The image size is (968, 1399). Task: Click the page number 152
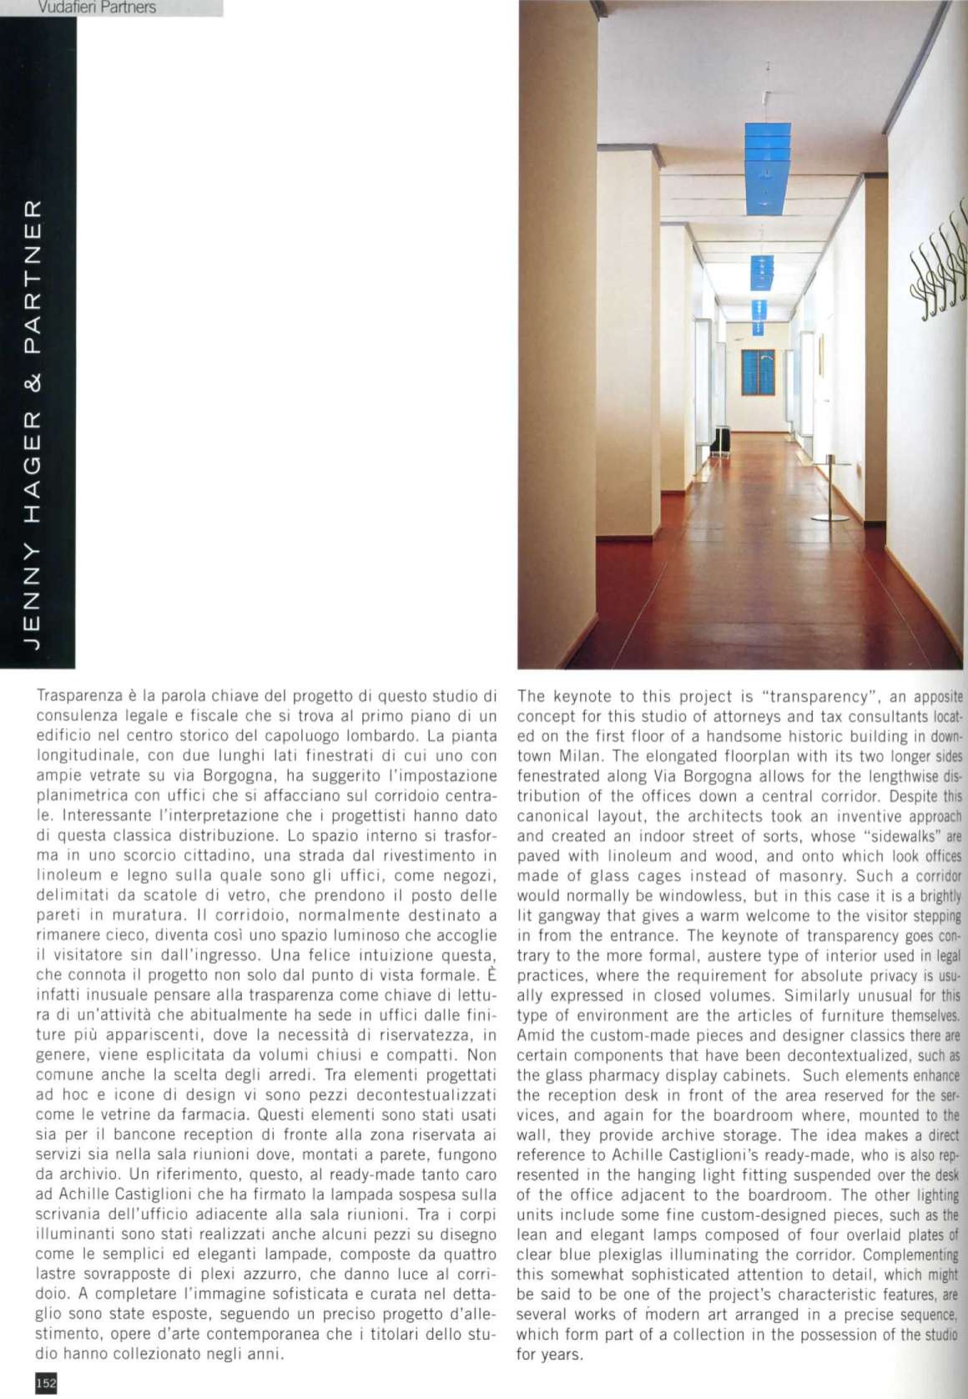pos(45,1383)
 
